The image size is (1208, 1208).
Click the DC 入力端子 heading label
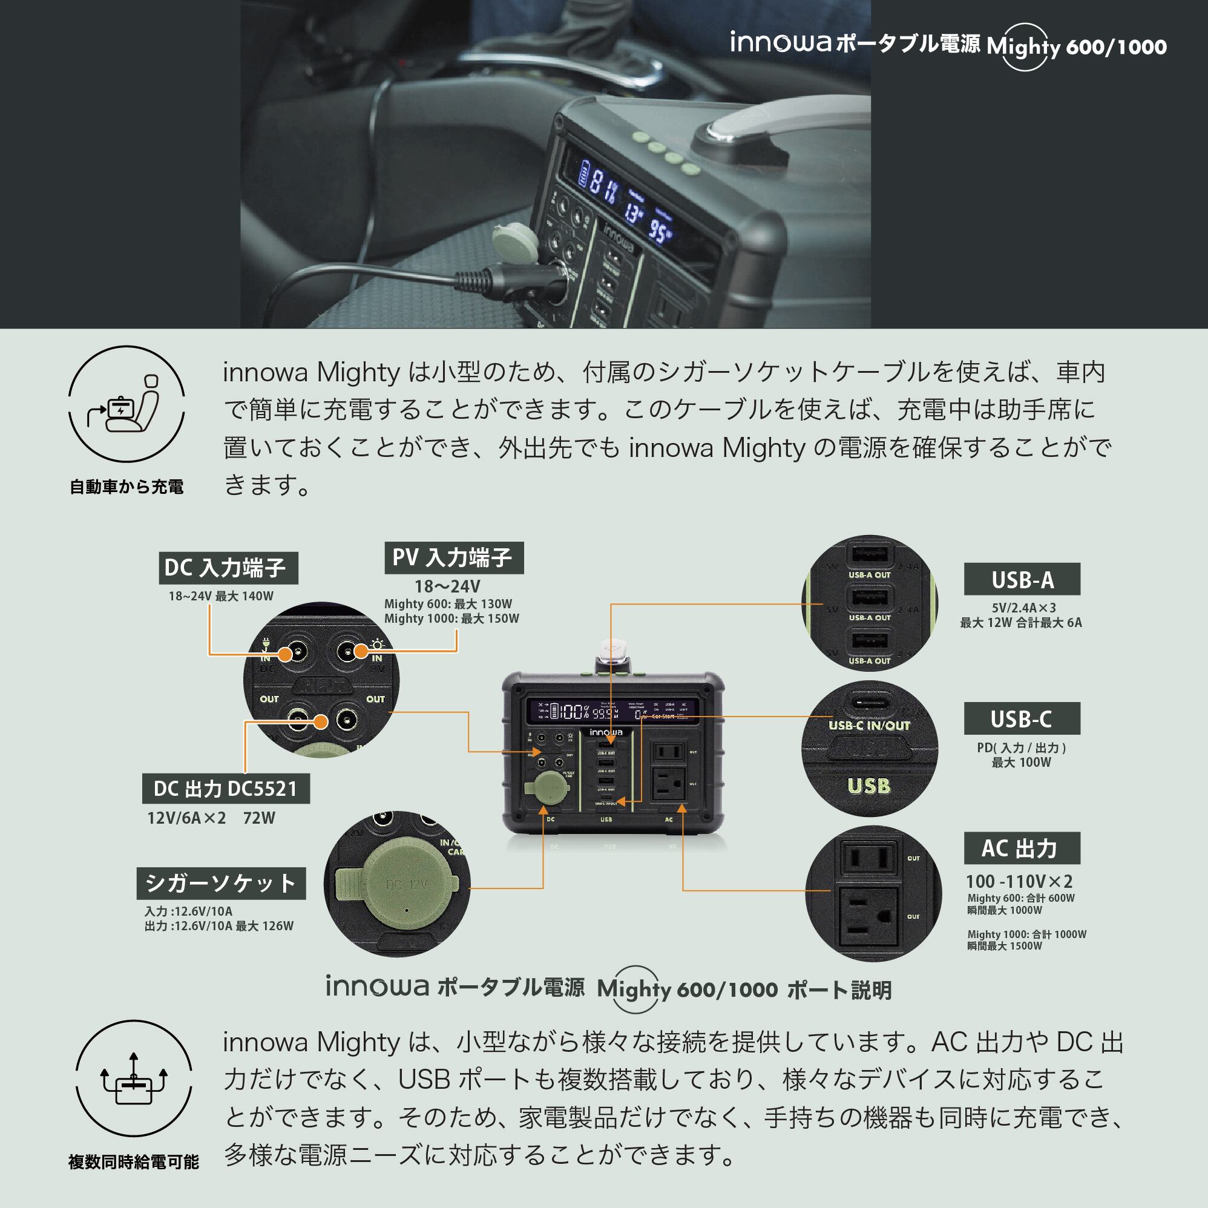[x=228, y=568]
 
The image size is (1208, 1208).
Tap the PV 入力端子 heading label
[x=453, y=558]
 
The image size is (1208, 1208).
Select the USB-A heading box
[x=1021, y=580]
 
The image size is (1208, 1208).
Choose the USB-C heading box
[x=1021, y=719]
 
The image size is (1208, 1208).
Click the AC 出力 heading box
[x=1021, y=848]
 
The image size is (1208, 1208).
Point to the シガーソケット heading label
[x=221, y=884]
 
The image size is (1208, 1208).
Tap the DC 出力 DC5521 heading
[x=225, y=789]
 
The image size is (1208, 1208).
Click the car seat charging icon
[x=126, y=404]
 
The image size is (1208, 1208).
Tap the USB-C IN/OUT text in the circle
[x=869, y=726]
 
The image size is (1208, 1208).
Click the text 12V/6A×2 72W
[x=211, y=818]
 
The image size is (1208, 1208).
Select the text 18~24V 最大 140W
[x=221, y=596]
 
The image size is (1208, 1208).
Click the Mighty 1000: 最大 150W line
[x=451, y=619]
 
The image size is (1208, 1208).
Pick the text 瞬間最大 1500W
[x=1005, y=946]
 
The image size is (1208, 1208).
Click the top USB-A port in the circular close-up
[x=869, y=554]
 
